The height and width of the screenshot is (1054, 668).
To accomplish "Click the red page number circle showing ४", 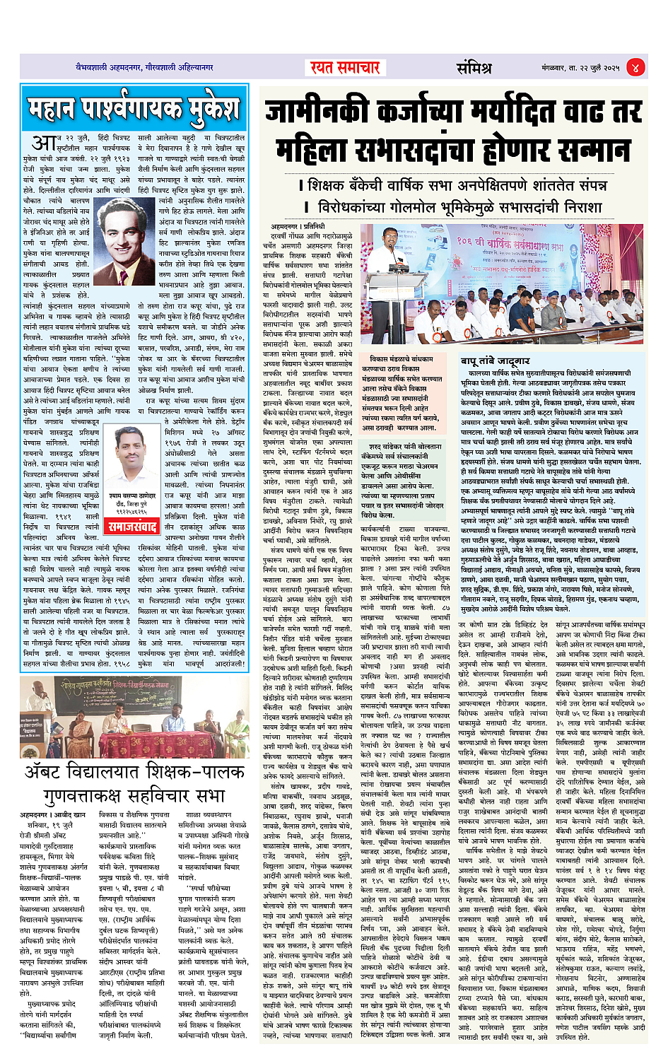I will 635,68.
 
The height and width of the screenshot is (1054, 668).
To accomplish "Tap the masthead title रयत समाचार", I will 344,67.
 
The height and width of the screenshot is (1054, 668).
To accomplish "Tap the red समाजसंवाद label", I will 131,526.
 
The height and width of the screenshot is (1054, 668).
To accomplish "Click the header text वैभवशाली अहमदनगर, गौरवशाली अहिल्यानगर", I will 145,68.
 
